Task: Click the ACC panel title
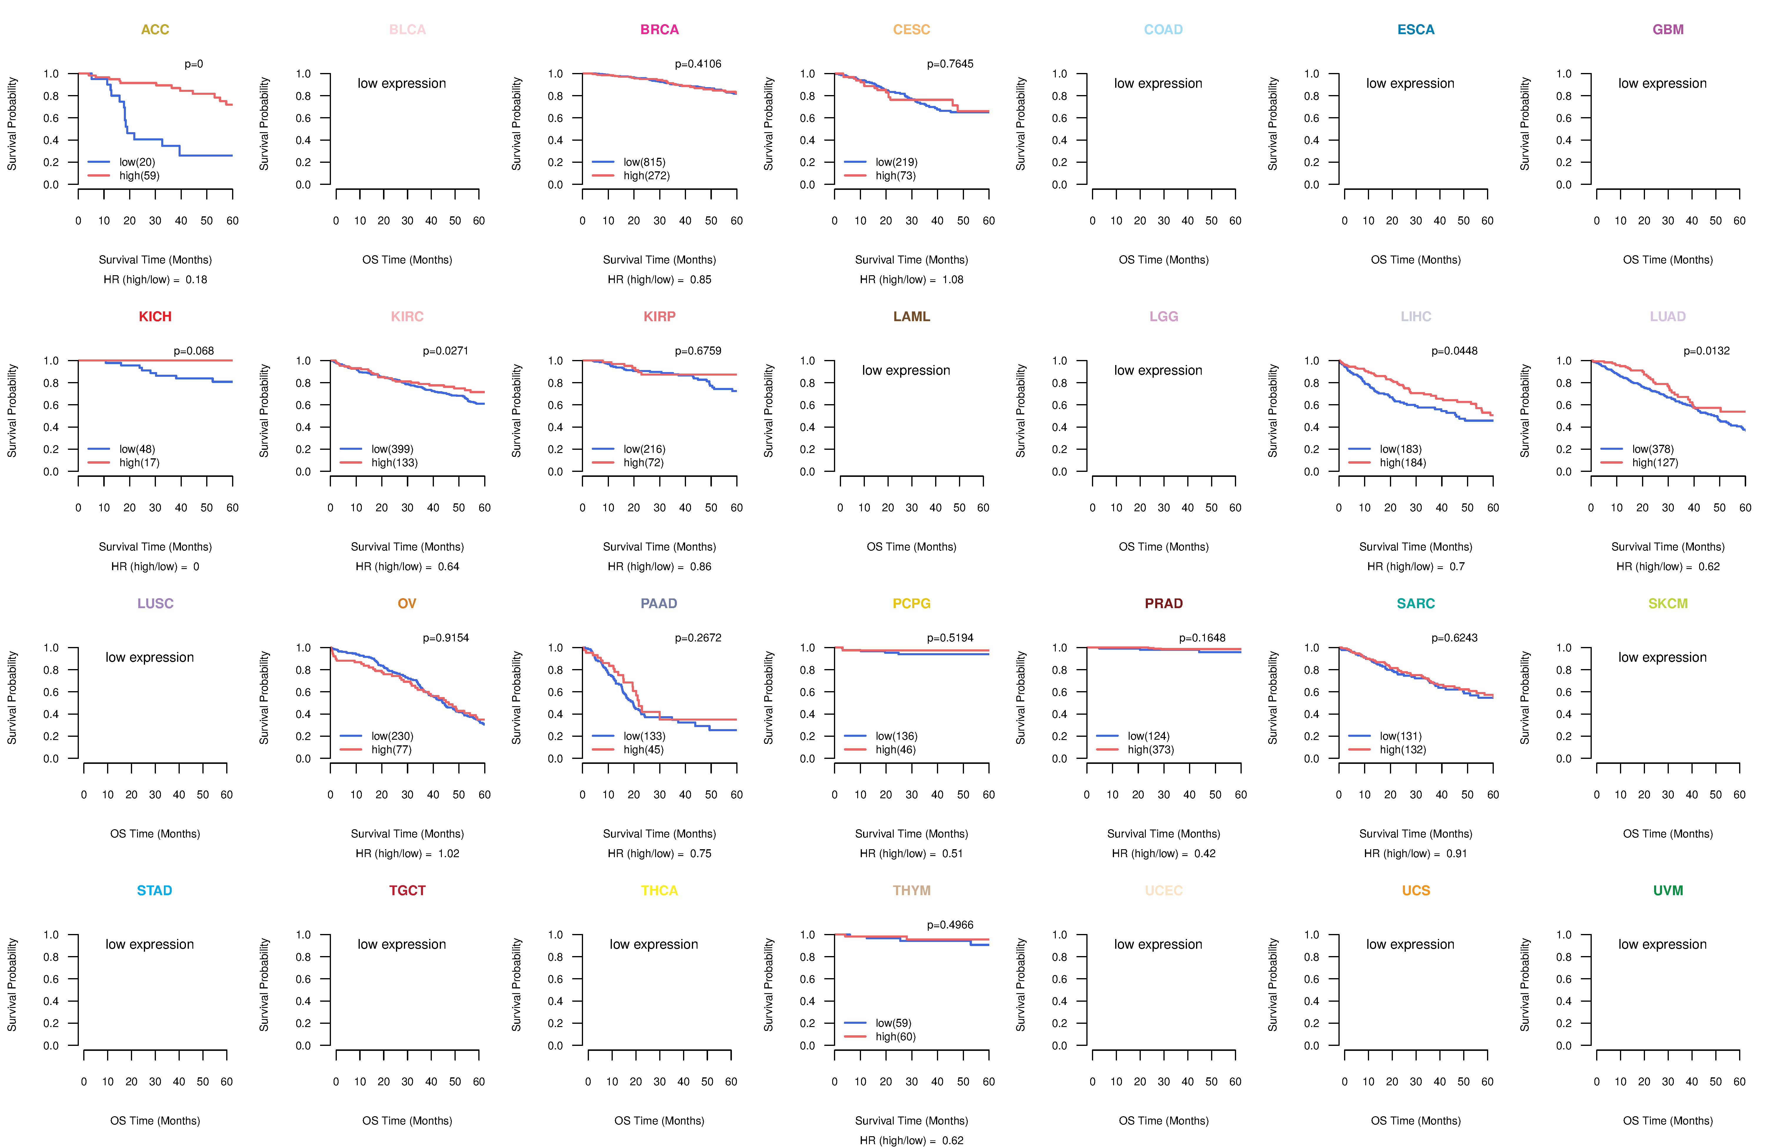click(155, 30)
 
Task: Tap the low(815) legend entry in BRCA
click(644, 162)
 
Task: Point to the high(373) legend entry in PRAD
click(1150, 749)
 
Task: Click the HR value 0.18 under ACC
click(197, 280)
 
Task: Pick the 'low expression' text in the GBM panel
click(1662, 83)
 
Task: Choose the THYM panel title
click(911, 890)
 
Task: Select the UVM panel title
click(1668, 890)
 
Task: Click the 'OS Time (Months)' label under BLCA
click(407, 260)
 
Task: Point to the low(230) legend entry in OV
click(392, 736)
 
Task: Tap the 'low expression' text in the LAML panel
click(905, 370)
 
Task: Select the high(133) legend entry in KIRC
click(394, 462)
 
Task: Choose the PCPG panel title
click(911, 603)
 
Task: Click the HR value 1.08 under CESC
click(953, 280)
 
